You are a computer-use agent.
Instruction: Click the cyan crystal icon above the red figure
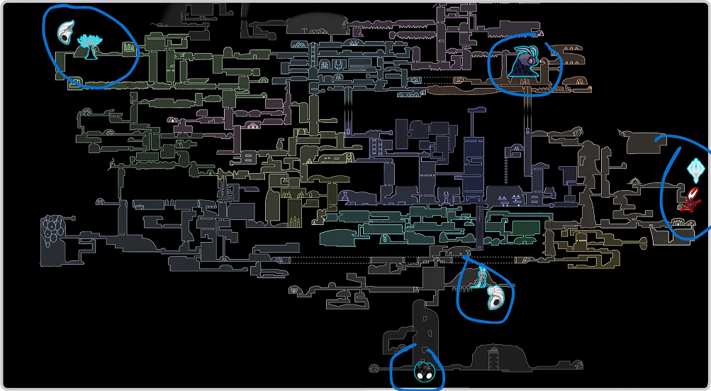pos(695,169)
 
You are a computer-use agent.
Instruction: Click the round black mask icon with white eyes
pos(424,371)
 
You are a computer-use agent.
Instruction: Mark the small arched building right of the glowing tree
pos(129,48)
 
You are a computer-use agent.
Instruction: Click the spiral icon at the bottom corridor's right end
pos(580,366)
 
